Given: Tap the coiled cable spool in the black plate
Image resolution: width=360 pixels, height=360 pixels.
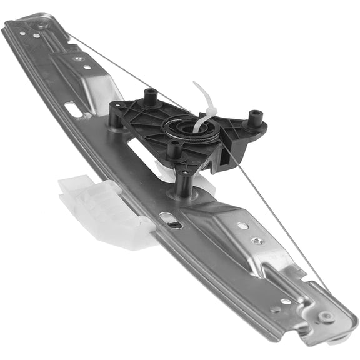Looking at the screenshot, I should [191, 131].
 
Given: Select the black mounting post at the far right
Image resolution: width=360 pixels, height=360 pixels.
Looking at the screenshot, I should [255, 117].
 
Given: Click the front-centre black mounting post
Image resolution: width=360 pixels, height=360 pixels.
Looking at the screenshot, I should [175, 149].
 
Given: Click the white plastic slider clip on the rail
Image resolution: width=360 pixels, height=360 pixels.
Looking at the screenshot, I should [103, 209].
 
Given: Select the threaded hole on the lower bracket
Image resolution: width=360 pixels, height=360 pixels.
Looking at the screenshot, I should [256, 241].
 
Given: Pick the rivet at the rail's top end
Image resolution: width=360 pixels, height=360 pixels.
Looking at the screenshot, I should [42, 26].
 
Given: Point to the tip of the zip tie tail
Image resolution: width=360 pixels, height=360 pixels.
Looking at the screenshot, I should [194, 84].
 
